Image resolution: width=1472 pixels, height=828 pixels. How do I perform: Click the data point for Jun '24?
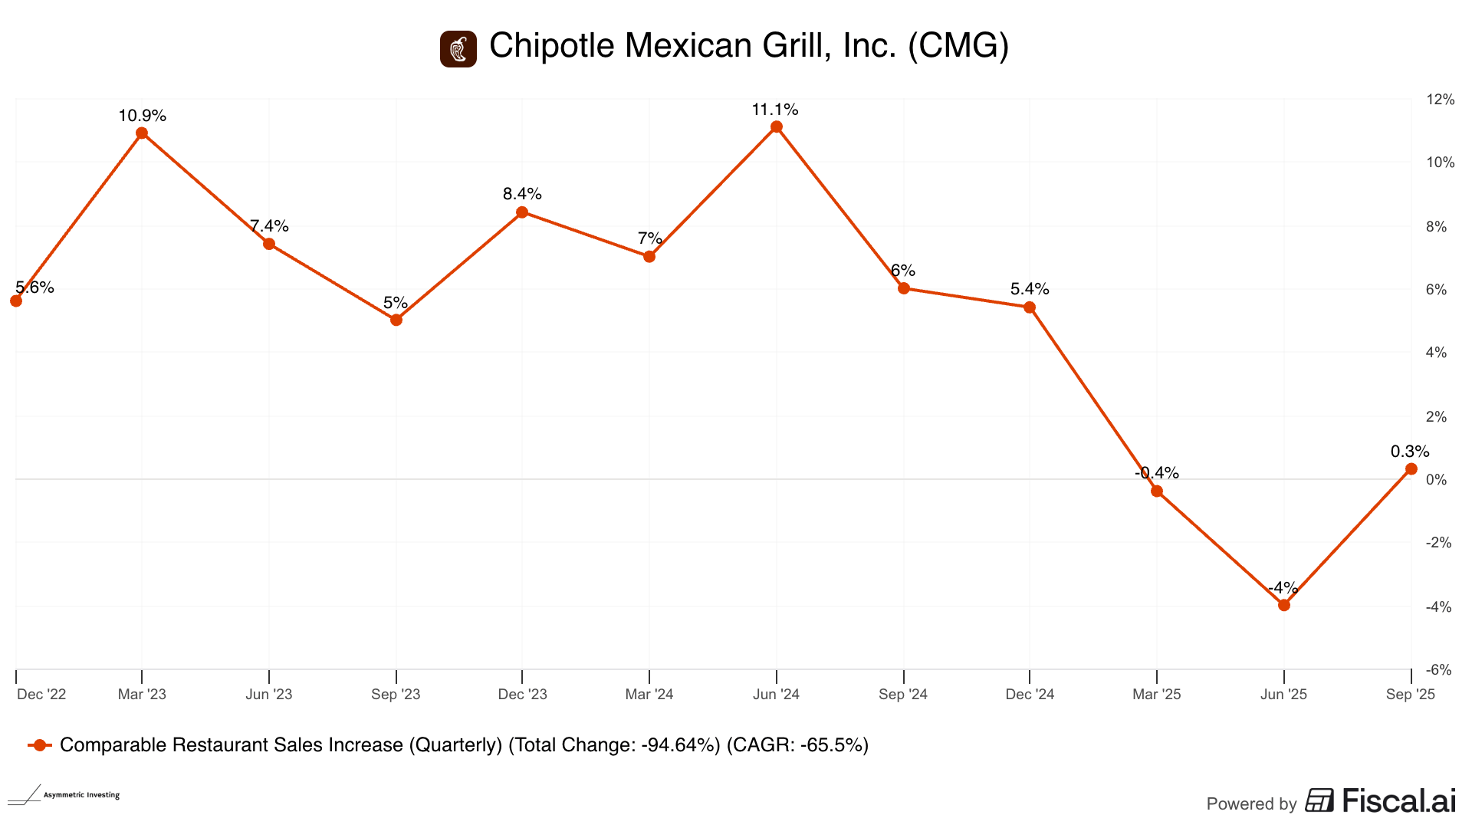[777, 127]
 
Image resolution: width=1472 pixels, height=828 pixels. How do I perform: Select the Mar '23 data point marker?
[142, 133]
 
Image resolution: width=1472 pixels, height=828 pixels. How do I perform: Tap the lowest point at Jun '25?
[1284, 605]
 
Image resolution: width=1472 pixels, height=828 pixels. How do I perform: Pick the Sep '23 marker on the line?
[396, 320]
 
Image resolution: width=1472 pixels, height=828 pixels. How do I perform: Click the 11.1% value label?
[775, 110]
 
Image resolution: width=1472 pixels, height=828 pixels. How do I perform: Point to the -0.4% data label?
[1157, 472]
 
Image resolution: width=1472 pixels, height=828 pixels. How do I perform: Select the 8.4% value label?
[522, 194]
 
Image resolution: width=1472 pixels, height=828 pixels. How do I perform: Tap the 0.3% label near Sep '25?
[1410, 452]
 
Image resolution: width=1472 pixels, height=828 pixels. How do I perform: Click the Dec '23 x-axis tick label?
[522, 695]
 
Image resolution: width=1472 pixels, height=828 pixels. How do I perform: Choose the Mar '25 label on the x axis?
[1157, 695]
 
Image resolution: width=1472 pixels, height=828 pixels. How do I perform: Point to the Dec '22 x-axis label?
[41, 695]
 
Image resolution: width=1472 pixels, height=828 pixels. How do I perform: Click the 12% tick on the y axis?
[1440, 100]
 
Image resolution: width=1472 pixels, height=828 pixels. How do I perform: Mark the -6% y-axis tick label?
[1439, 670]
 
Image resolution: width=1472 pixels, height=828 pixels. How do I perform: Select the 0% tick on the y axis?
[1436, 480]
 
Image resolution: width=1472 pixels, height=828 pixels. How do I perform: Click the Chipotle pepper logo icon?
[458, 49]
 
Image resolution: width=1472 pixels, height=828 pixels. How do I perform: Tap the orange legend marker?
[40, 745]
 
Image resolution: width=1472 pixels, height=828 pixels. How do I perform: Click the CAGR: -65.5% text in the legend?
[797, 745]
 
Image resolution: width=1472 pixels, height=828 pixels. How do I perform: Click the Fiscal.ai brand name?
[1398, 801]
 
